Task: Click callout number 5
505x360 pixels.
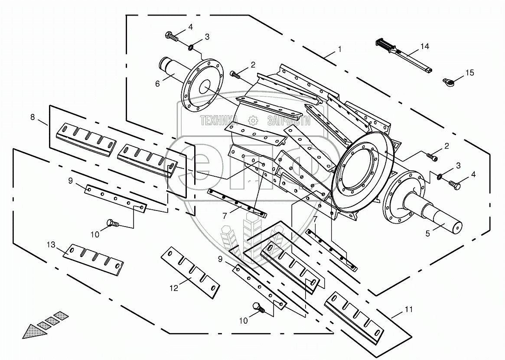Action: pyautogui.click(x=427, y=234)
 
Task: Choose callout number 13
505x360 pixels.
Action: pyautogui.click(x=51, y=246)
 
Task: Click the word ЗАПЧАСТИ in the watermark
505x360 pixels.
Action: pyautogui.click(x=289, y=121)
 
